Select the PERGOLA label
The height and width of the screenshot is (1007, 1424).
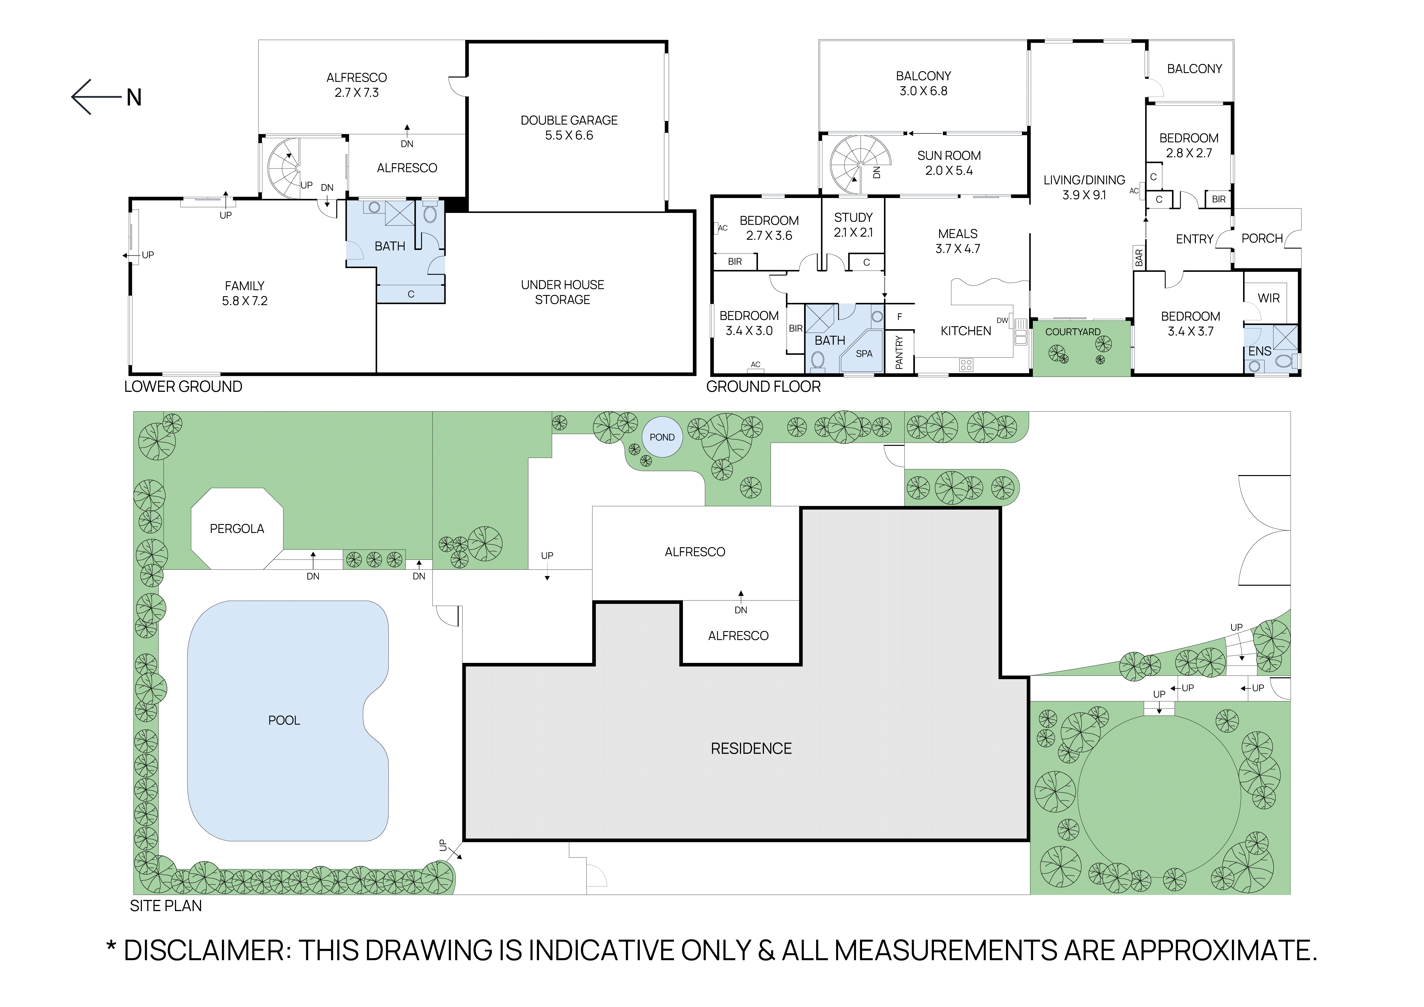point(237,529)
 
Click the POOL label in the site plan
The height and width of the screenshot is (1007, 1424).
point(284,721)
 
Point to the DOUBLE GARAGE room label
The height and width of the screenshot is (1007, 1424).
point(569,120)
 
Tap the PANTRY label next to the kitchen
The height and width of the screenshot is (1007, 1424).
point(899,352)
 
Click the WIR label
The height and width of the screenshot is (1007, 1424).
point(1268,298)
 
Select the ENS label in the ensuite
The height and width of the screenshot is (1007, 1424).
point(1260,351)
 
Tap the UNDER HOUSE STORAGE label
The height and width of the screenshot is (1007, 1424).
point(563,292)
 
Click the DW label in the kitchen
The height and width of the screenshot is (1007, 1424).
point(1002,321)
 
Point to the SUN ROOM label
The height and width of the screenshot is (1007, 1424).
point(949,156)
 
